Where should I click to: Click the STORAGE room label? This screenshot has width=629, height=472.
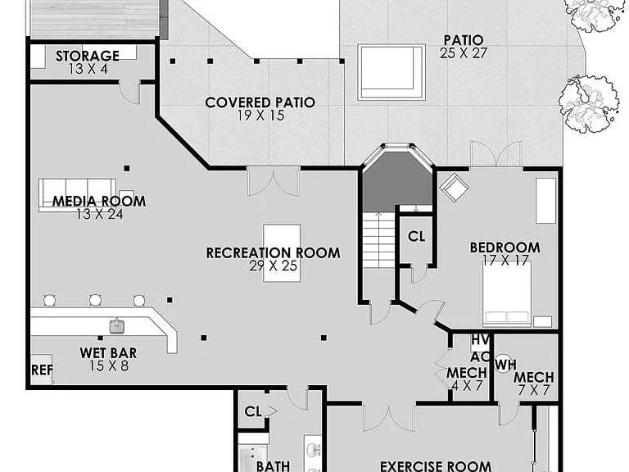coord(88,56)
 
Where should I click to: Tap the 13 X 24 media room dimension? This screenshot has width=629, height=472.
coord(100,215)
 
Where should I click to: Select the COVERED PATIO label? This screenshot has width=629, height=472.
coord(260,102)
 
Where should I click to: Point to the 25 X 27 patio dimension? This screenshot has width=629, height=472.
coord(464,53)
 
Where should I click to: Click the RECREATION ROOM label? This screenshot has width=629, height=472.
coord(274,253)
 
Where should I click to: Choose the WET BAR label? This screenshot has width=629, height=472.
coord(108,353)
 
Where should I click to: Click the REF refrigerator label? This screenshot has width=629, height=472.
coord(42,370)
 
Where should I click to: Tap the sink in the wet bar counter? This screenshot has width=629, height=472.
coord(117,326)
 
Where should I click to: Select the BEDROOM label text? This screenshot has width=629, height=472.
coord(505,247)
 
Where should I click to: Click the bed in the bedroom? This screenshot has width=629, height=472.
coord(507,293)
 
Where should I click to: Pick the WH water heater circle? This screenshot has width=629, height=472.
coord(503,364)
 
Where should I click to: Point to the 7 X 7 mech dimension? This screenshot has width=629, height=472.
coord(534,391)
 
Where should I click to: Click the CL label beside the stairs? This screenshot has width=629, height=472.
coord(416,237)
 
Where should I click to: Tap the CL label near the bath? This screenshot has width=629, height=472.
coord(253,411)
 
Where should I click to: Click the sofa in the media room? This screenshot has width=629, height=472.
coord(78,195)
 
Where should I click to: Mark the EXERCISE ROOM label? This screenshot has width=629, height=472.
coord(436,466)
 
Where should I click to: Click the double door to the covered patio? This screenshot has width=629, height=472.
coord(274,181)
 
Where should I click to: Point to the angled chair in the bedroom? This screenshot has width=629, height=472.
coord(455,186)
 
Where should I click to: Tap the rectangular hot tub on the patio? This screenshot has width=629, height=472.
coord(391,72)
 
